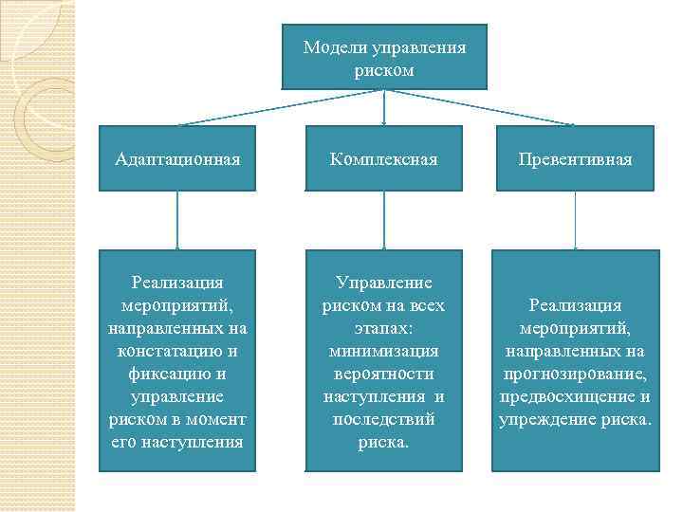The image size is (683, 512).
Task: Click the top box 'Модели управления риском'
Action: [x=384, y=58]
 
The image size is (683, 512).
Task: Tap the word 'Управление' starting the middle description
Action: [x=384, y=283]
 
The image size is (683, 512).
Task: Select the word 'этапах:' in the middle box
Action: [x=383, y=328]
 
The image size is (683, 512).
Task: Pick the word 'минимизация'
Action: [x=384, y=351]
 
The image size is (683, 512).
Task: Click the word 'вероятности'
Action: [x=384, y=373]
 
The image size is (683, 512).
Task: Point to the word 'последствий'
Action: [x=384, y=418]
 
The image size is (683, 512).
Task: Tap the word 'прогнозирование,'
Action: [x=576, y=373]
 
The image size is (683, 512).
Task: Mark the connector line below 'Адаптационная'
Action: [x=177, y=220]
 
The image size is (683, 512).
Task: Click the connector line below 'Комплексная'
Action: [x=383, y=220]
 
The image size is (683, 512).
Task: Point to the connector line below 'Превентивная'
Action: [x=576, y=220]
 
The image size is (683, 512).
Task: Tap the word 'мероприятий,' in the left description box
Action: [x=177, y=304]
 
